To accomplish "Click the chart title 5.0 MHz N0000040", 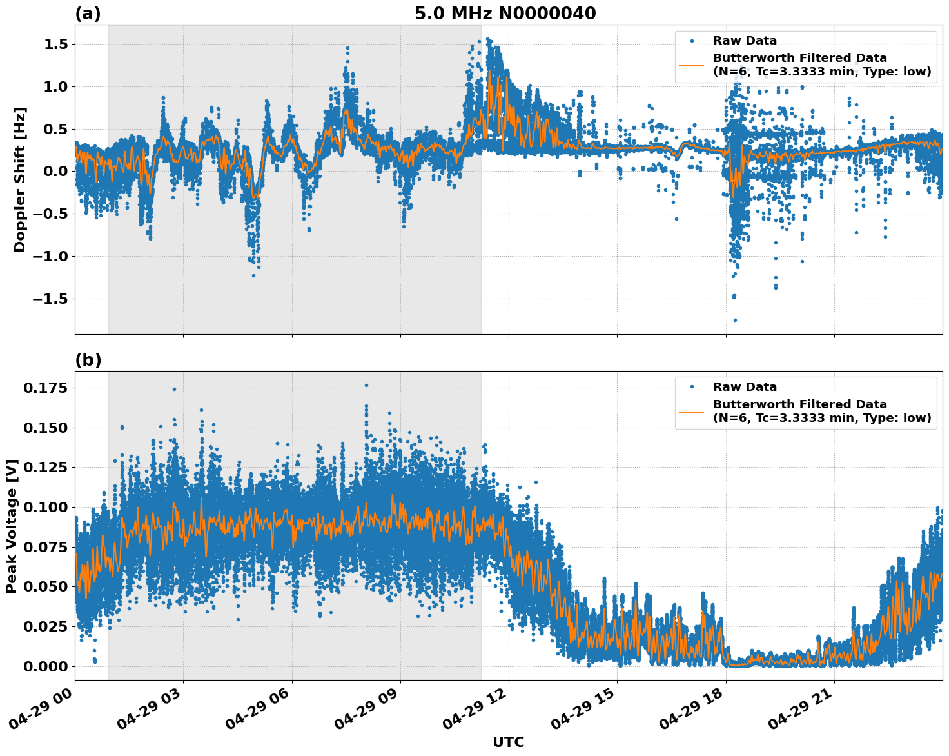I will [x=505, y=14].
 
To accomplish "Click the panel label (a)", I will [x=88, y=14].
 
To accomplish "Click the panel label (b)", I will [x=88, y=360].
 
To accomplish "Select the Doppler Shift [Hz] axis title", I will [x=20, y=179].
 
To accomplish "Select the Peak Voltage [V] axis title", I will [x=12, y=526].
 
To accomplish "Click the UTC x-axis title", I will [x=508, y=742].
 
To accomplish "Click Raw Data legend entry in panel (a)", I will [x=745, y=41].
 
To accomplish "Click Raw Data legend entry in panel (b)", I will [x=745, y=387].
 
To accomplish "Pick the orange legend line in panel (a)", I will [x=692, y=65].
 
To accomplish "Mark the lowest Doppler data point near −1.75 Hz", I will [x=735, y=320].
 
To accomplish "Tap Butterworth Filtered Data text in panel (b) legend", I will [x=799, y=404].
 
